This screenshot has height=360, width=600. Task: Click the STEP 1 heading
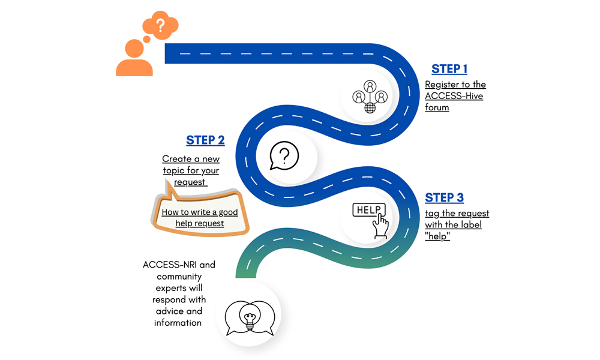pos(449,69)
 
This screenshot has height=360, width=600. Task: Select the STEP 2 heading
pos(205,140)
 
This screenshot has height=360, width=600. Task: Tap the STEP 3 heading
pos(444,198)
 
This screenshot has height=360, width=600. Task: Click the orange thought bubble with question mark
pos(160,26)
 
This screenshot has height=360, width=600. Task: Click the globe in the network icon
pos(370,108)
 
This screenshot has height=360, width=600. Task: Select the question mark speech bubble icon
pos(284,156)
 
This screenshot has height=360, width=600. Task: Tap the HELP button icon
pos(369,210)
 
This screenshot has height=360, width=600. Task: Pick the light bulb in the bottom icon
pos(249,316)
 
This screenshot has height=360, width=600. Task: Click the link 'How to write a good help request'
pos(200,218)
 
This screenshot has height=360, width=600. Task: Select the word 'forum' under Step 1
pos(437,108)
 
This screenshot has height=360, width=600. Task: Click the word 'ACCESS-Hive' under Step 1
pos(454,96)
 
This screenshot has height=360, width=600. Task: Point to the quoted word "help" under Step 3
pos(437,236)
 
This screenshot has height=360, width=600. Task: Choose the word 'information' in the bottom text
pos(178,323)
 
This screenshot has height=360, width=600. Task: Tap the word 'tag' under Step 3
pos(433,214)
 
